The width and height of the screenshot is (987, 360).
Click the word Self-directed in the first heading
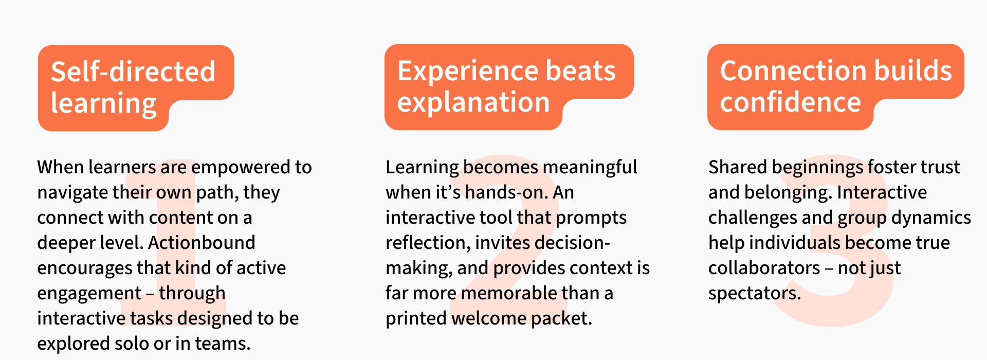point(133,71)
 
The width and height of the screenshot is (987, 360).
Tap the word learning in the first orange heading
point(103,104)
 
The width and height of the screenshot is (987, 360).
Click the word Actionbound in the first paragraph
point(202,243)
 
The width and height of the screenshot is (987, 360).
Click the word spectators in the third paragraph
point(754,294)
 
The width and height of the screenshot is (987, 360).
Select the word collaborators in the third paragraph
point(764,268)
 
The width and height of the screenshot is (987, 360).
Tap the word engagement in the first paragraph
point(89,294)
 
